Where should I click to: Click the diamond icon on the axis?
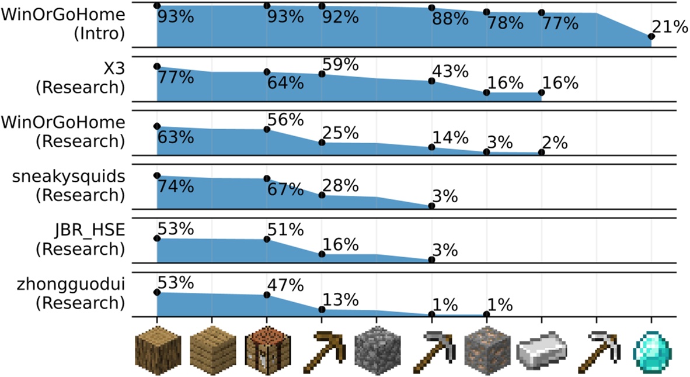[x=651, y=352]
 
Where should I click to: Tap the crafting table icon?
[x=267, y=352]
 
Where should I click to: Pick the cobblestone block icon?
[x=376, y=352]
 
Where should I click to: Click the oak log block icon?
[x=157, y=352]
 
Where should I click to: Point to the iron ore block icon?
[x=486, y=352]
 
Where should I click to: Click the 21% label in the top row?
[x=670, y=27]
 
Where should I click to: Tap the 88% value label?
[x=450, y=19]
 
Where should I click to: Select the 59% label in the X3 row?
[x=340, y=64]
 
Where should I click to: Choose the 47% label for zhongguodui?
[x=285, y=285]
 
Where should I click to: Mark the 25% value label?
[x=340, y=133]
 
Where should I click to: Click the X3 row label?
[x=114, y=68]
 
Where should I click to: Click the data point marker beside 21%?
[x=651, y=37]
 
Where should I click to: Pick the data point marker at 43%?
[x=431, y=81]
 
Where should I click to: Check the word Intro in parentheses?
[x=99, y=33]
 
